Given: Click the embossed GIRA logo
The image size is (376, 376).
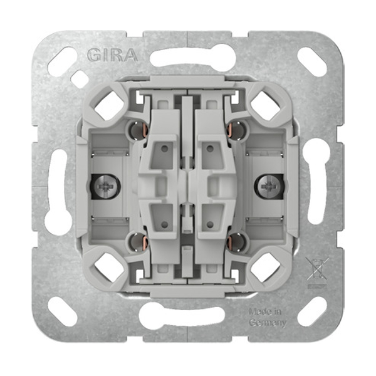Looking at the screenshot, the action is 112,55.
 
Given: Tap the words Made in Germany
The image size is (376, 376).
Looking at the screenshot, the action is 268,318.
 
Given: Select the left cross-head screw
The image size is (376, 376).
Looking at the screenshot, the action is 105,186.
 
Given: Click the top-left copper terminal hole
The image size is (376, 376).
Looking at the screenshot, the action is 138,131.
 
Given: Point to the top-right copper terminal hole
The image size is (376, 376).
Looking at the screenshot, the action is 236,131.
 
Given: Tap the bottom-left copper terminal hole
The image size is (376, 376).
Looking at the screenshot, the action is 138,242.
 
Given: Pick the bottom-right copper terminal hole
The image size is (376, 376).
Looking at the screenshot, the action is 236,242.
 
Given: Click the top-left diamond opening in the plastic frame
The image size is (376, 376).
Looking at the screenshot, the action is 109,106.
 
